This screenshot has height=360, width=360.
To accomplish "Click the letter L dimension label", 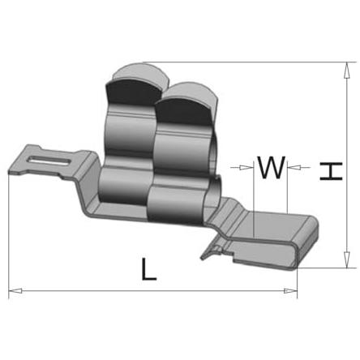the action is tap(149, 269).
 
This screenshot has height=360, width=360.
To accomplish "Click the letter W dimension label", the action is tap(271, 167).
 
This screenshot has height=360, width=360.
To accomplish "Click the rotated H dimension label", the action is tap(331, 171).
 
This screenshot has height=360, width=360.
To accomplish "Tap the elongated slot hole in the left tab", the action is tap(50, 160).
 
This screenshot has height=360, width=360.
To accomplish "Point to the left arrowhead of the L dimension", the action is tap(15, 291).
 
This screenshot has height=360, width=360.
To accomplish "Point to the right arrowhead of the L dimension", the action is tap(290, 291).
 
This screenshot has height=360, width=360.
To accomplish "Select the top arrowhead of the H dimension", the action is tap(347, 71).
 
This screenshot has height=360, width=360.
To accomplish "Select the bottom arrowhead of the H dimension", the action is tap(347, 260).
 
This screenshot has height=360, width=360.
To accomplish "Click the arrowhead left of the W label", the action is tap(246, 168).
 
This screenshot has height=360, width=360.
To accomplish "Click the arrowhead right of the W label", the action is tap(294, 168).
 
